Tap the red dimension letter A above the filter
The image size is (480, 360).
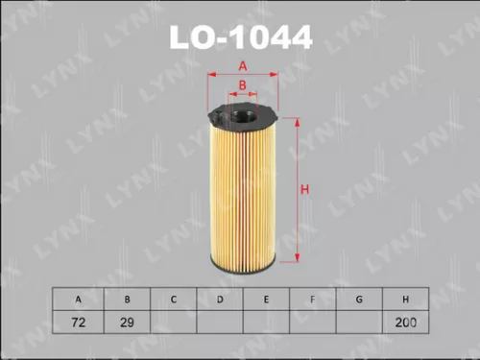(x=243, y=65)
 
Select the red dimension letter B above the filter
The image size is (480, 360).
(x=243, y=84)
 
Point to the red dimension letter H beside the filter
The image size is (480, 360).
(x=304, y=189)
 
